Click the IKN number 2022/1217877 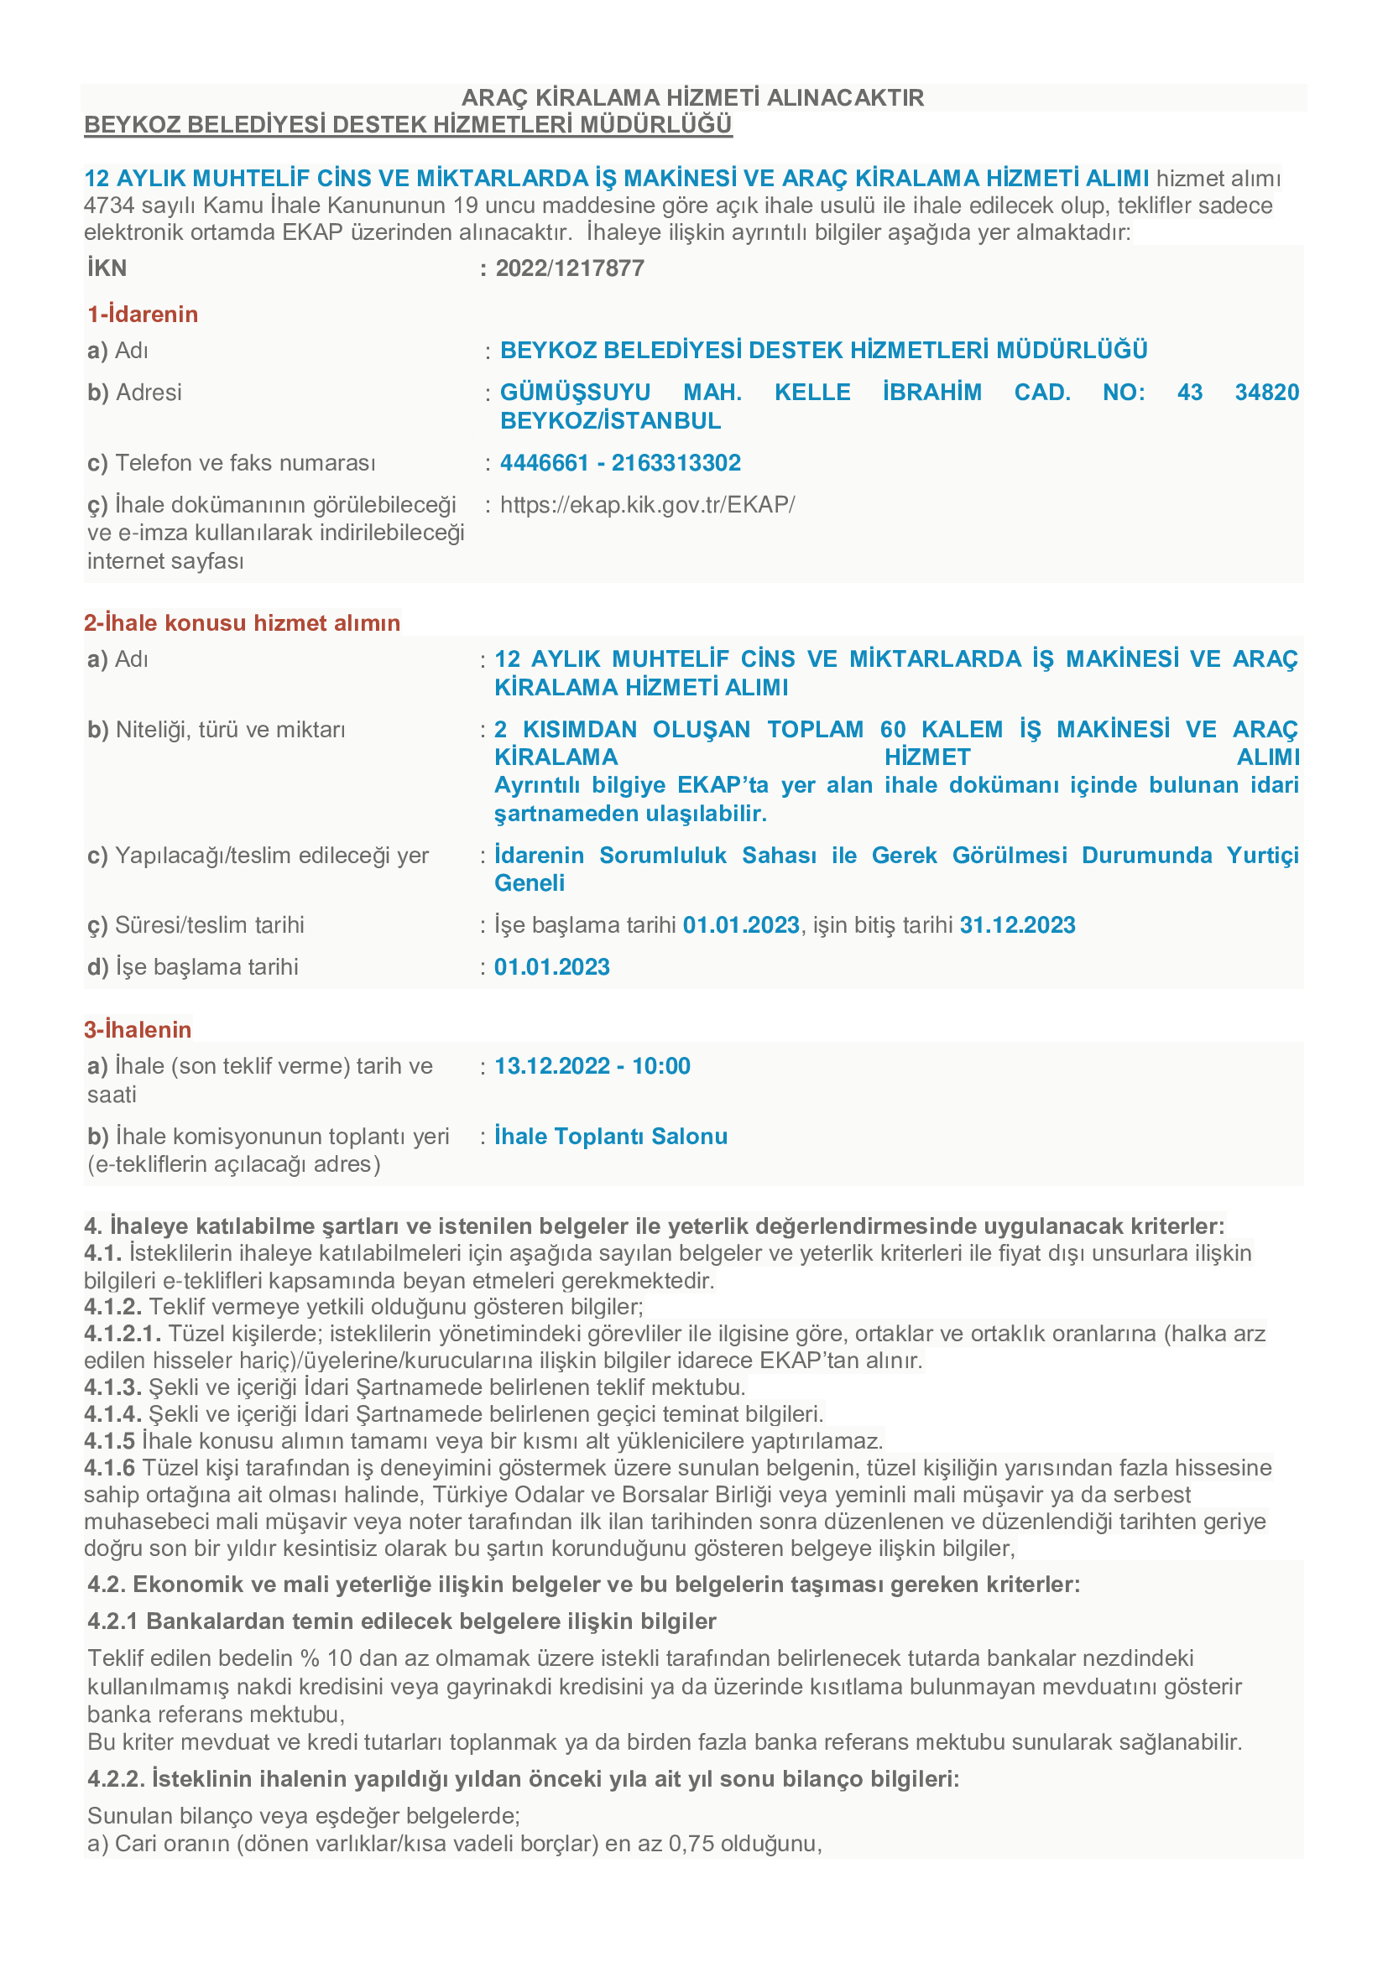569,268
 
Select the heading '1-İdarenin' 143,315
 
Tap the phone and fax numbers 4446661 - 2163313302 619,463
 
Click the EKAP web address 647,505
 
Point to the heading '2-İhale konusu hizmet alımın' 242,623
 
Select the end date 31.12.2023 1017,925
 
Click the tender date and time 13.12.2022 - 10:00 592,1066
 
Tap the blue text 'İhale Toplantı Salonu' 611,1137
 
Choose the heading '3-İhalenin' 138,1030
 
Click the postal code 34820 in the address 1266,393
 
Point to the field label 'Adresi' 149,393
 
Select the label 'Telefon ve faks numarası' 245,463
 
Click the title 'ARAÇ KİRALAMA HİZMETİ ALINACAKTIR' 692,97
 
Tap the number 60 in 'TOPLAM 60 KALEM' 893,730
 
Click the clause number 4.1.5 109,1442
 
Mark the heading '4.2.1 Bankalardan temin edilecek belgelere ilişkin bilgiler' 402,1622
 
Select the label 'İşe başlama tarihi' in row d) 206,967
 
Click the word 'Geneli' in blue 529,883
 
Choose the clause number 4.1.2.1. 123,1334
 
